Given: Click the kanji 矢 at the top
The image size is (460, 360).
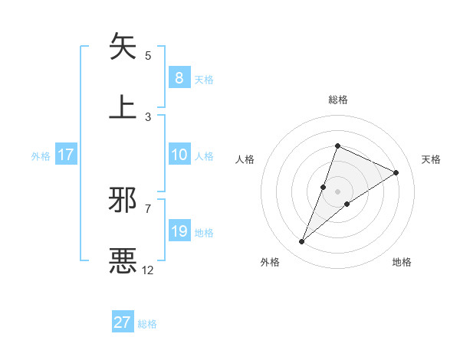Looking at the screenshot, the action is pyautogui.click(x=123, y=47).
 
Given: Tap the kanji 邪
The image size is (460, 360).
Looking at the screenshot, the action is pyautogui.click(x=123, y=200).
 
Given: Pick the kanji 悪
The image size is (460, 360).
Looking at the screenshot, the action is pyautogui.click(x=123, y=261).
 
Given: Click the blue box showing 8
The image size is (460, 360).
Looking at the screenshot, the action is pyautogui.click(x=179, y=77).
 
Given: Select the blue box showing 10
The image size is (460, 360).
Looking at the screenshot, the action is pyautogui.click(x=179, y=154).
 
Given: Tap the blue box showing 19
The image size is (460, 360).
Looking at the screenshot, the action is pyautogui.click(x=179, y=231).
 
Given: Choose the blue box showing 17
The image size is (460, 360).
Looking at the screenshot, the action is pyautogui.click(x=66, y=155).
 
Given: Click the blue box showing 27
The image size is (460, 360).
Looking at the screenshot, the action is pyautogui.click(x=123, y=322).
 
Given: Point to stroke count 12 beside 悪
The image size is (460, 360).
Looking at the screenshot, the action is pyautogui.click(x=148, y=270).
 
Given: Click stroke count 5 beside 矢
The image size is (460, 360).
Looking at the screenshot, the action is pyautogui.click(x=148, y=55).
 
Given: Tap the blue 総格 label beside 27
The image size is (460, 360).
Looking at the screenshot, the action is pyautogui.click(x=147, y=324).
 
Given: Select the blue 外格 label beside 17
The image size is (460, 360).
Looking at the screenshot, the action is pyautogui.click(x=41, y=155).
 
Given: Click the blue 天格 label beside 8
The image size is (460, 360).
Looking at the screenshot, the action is pyautogui.click(x=203, y=79).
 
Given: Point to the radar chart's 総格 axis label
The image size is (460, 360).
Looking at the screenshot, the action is pyautogui.click(x=337, y=100).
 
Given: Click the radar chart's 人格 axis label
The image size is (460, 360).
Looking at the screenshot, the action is pyautogui.click(x=245, y=159).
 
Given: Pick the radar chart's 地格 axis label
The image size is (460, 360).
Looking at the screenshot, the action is pyautogui.click(x=402, y=262).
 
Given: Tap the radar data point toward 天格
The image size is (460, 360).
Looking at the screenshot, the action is pyautogui.click(x=396, y=172).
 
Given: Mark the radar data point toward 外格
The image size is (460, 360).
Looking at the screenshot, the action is pyautogui.click(x=302, y=241).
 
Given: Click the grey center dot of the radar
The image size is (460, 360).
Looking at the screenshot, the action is pyautogui.click(x=337, y=191).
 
